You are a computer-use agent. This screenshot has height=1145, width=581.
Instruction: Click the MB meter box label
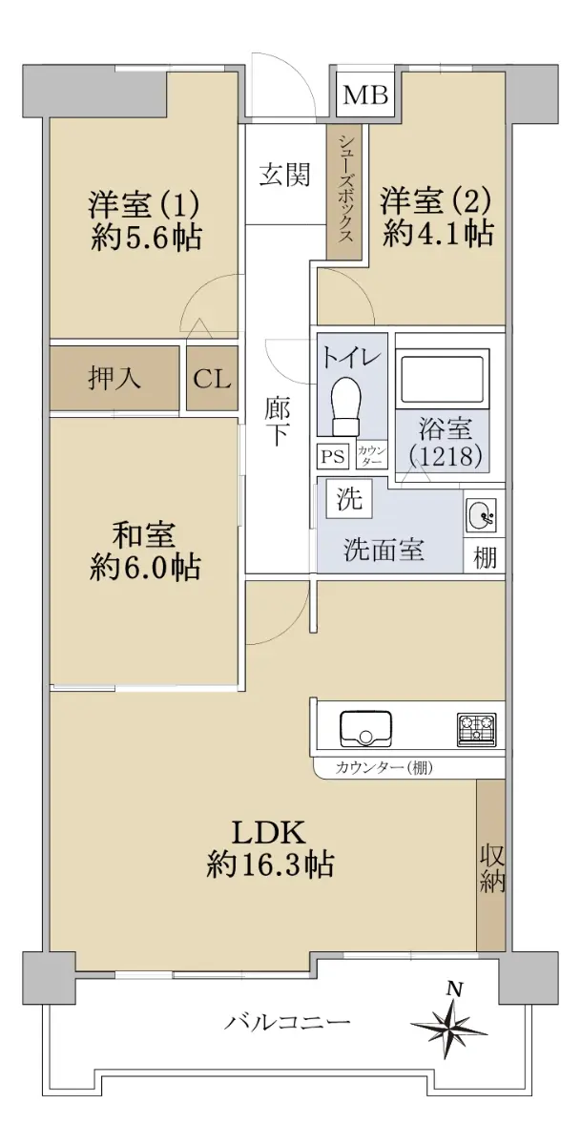point(365,95)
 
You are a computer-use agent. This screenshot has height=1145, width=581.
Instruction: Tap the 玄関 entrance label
point(285,175)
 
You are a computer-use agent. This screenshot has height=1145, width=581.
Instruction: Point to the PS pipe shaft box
point(333,455)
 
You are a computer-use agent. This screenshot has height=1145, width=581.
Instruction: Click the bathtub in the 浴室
point(443,376)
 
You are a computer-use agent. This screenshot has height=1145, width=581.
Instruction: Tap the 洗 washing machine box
point(349,498)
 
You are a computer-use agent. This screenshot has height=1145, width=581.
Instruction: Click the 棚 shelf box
point(484,556)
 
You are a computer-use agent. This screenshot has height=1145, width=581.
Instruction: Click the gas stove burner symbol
point(476,729)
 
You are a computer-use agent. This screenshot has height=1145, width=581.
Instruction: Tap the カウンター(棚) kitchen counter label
point(384,767)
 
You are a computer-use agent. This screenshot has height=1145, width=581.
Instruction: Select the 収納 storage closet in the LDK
point(490,864)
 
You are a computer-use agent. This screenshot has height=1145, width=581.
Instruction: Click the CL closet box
point(212,378)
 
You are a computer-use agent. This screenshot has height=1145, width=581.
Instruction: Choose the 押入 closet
point(114,378)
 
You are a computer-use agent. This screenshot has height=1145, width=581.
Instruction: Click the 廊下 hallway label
point(277,422)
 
